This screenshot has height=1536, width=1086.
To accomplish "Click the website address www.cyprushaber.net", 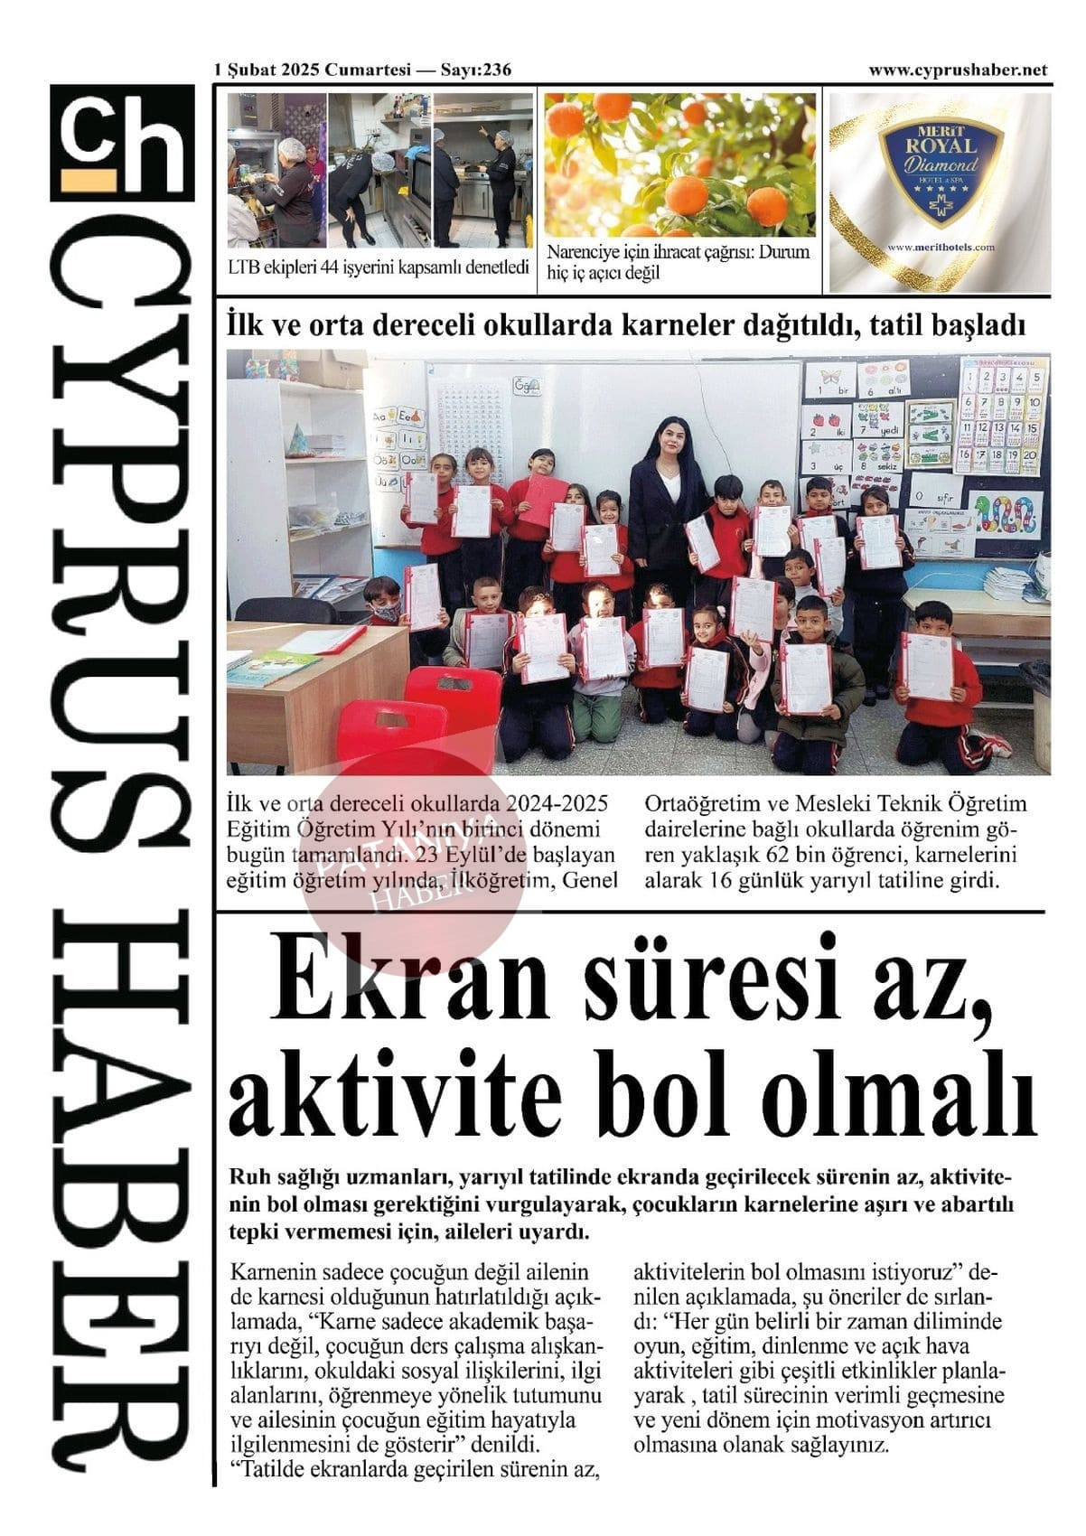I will tap(958, 70).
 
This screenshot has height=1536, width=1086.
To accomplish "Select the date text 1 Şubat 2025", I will tap(266, 70).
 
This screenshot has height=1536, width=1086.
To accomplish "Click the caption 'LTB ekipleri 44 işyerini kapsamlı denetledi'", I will tap(378, 267).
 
